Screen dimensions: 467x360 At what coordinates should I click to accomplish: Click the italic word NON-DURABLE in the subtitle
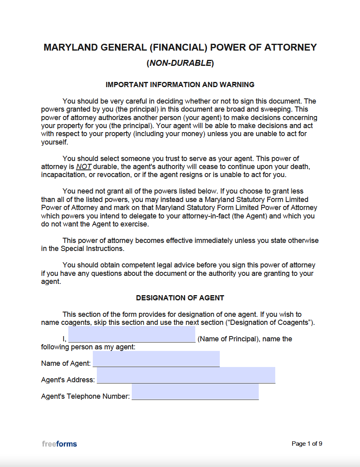click(x=180, y=63)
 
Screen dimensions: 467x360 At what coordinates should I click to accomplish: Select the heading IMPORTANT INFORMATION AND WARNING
click(x=180, y=85)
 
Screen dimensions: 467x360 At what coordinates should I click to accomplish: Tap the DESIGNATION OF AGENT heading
click(x=180, y=298)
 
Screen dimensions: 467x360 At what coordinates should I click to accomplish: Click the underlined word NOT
click(x=84, y=167)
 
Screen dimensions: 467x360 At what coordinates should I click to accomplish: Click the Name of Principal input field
click(x=132, y=334)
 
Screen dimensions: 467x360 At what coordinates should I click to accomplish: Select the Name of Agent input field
click(x=156, y=359)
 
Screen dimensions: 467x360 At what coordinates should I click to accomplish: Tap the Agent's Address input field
click(x=186, y=375)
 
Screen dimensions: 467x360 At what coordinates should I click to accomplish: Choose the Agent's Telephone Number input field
click(x=195, y=392)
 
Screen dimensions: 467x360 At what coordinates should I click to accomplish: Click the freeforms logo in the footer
click(x=59, y=444)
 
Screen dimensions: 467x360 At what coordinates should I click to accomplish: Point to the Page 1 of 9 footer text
click(x=307, y=444)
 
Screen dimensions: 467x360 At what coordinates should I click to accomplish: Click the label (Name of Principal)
click(x=227, y=339)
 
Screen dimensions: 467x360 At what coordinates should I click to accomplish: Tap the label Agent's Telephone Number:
click(x=86, y=396)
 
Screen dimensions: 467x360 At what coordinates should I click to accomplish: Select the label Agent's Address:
click(x=68, y=380)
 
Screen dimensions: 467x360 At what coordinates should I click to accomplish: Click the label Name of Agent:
click(x=66, y=363)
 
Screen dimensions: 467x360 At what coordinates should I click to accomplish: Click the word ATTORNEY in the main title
click(x=290, y=47)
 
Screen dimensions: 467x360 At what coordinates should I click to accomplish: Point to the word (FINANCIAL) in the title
click(x=178, y=47)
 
